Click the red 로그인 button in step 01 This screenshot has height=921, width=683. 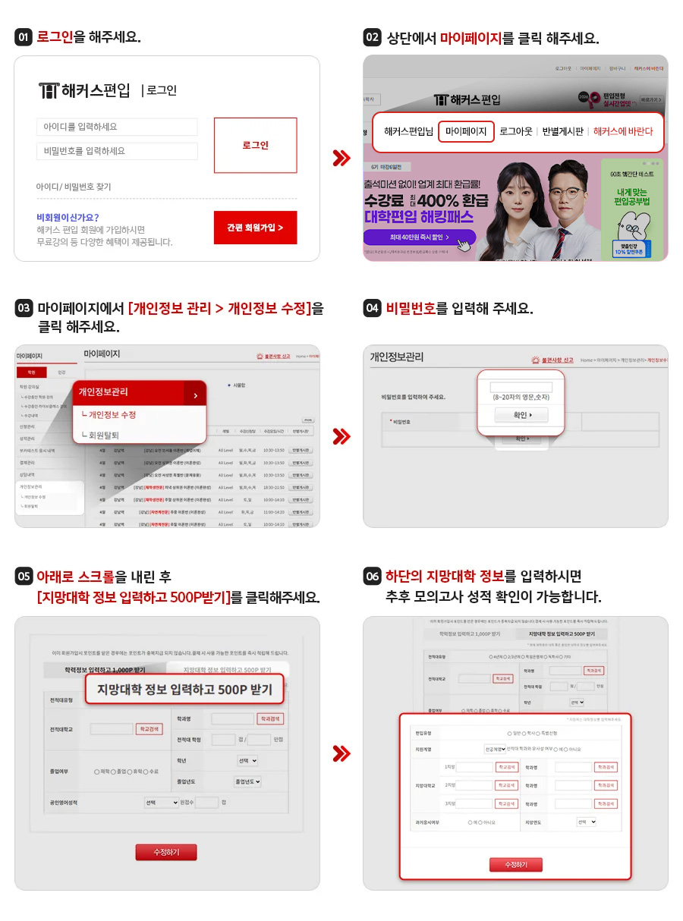coord(255,145)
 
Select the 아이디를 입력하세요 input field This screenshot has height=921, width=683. coord(117,127)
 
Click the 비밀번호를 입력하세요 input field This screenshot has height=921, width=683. coord(117,151)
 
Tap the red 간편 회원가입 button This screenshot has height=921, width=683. coord(255,228)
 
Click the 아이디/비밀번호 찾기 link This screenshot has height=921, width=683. coord(74,187)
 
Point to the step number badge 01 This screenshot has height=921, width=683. coord(24,37)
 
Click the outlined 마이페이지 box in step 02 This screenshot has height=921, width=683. coord(466,131)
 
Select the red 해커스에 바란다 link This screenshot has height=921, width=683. coord(623,131)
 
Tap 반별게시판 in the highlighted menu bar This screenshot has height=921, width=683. coord(563,131)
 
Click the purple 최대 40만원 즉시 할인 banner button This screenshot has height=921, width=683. coord(420,237)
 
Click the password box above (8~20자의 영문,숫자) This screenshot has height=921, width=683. coord(521,386)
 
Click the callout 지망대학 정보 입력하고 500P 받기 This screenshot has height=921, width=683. coord(184,689)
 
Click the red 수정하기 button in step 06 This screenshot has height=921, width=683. coord(516,865)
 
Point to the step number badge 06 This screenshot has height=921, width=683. coord(373,577)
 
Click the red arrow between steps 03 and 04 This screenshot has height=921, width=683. coord(341,436)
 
